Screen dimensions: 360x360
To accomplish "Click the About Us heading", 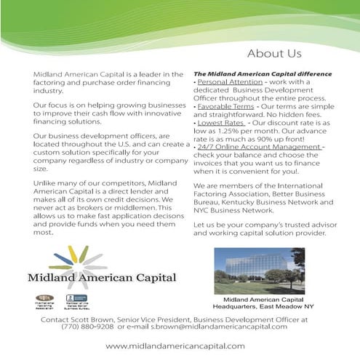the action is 274,53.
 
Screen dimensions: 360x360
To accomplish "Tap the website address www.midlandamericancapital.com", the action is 175,345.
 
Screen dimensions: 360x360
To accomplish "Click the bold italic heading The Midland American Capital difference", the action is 263,74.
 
